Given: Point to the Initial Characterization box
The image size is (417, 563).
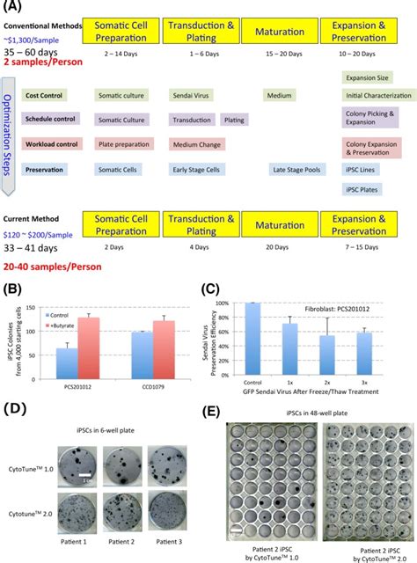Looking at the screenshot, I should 378,95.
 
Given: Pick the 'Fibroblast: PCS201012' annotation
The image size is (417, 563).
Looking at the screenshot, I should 359,310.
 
